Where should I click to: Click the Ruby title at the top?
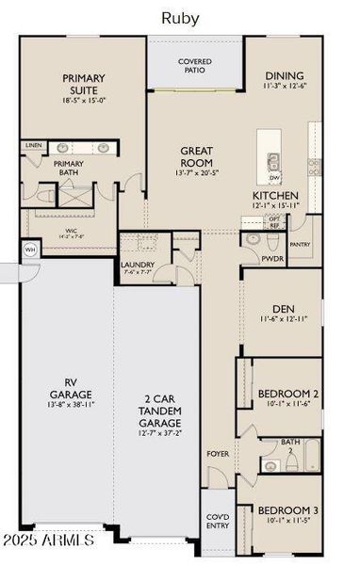tap(179, 17)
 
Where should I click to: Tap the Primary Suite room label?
tap(84, 84)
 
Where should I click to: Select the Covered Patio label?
tap(195, 65)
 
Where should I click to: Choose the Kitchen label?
tap(275, 196)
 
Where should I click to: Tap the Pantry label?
tap(301, 244)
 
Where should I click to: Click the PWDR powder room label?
tap(272, 257)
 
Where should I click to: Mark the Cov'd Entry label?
tap(217, 521)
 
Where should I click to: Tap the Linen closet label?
tap(34, 146)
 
